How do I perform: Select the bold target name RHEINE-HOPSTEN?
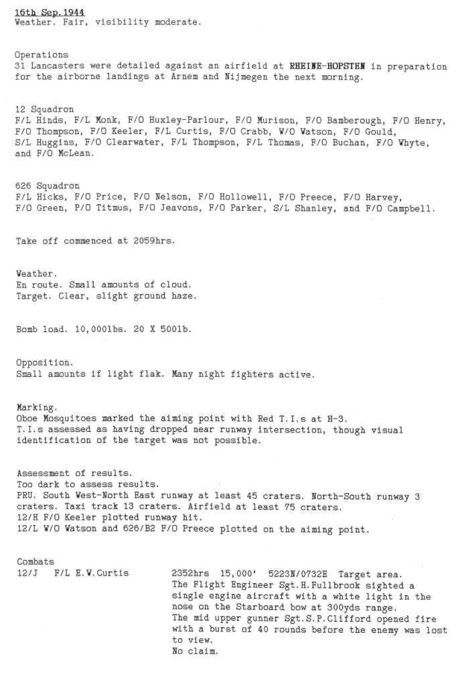point(329,66)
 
